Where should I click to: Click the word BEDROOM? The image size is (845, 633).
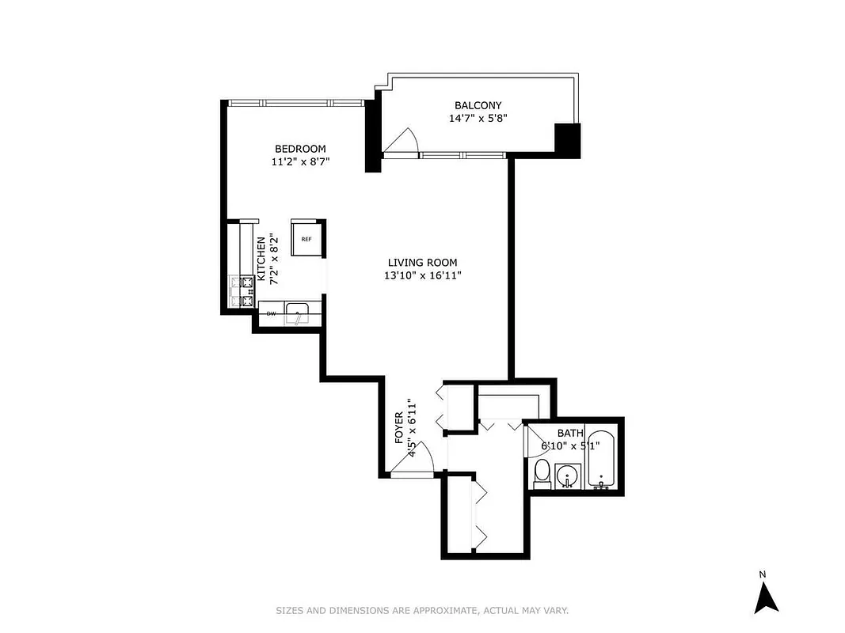pos(300,149)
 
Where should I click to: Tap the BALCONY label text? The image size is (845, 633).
pos(478,105)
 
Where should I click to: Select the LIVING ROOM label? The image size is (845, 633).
pos(422,263)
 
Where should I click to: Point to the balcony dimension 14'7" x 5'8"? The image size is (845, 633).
pos(478,119)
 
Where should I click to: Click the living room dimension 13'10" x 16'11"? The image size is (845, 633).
pos(422,275)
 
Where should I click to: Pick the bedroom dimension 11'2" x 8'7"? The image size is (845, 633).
pos(300,161)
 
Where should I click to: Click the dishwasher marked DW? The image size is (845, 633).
pos(271,314)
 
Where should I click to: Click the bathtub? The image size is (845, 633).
pos(602,460)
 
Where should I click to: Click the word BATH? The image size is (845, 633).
pos(569,433)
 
